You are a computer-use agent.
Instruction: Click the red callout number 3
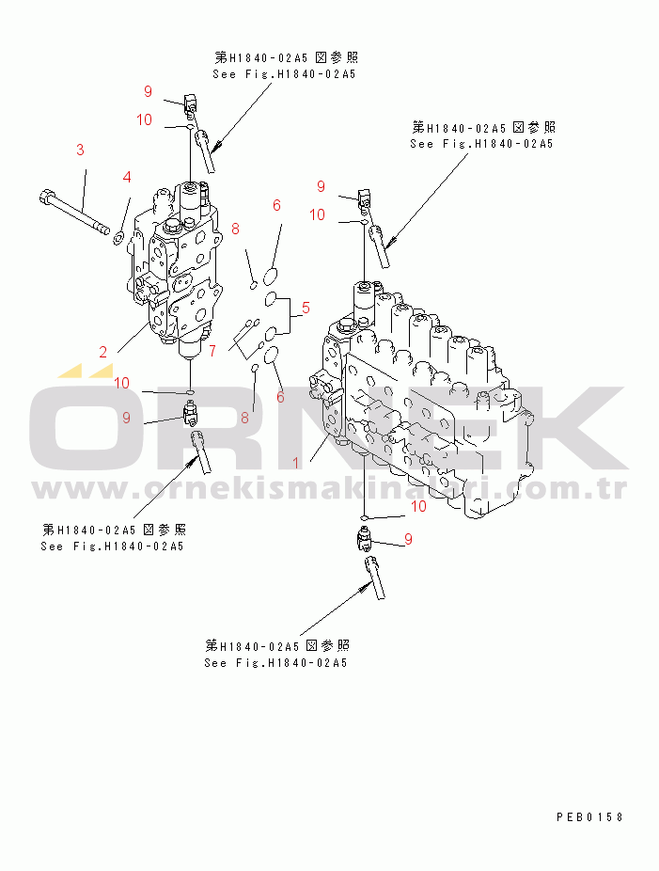pyautogui.click(x=81, y=150)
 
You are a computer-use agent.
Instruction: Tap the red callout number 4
pyautogui.click(x=127, y=177)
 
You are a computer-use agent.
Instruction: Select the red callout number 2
pyautogui.click(x=103, y=352)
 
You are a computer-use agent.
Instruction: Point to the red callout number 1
pyautogui.click(x=296, y=463)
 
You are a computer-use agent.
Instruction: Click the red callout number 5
pyautogui.click(x=306, y=308)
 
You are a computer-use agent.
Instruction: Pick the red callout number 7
pyautogui.click(x=212, y=351)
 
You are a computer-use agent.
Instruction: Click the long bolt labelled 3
pyautogui.click(x=74, y=213)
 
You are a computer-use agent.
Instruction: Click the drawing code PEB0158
pyautogui.click(x=589, y=816)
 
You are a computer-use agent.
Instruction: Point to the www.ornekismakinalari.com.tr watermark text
pyautogui.click(x=330, y=489)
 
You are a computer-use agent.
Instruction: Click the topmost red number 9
pyautogui.click(x=148, y=91)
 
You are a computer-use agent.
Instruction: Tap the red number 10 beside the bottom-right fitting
pyautogui.click(x=418, y=506)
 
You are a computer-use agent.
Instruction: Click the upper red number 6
pyautogui.click(x=276, y=206)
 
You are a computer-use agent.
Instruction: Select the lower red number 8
pyautogui.click(x=244, y=419)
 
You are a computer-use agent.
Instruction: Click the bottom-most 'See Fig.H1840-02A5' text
pyautogui.click(x=276, y=663)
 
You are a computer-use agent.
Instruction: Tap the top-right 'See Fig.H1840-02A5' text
pyautogui.click(x=481, y=143)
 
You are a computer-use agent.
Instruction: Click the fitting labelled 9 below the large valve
pyautogui.click(x=364, y=540)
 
